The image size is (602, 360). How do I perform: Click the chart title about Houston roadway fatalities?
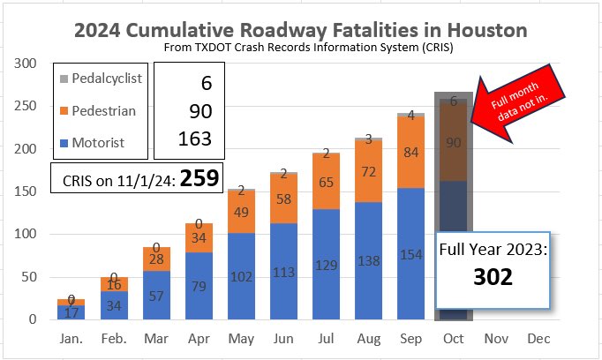pyautogui.click(x=301, y=30)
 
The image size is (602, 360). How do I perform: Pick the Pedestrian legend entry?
pyautogui.click(x=101, y=109)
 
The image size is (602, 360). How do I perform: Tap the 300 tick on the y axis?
pyautogui.click(x=25, y=64)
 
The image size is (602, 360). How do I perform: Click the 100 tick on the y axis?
pyautogui.click(x=25, y=234)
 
